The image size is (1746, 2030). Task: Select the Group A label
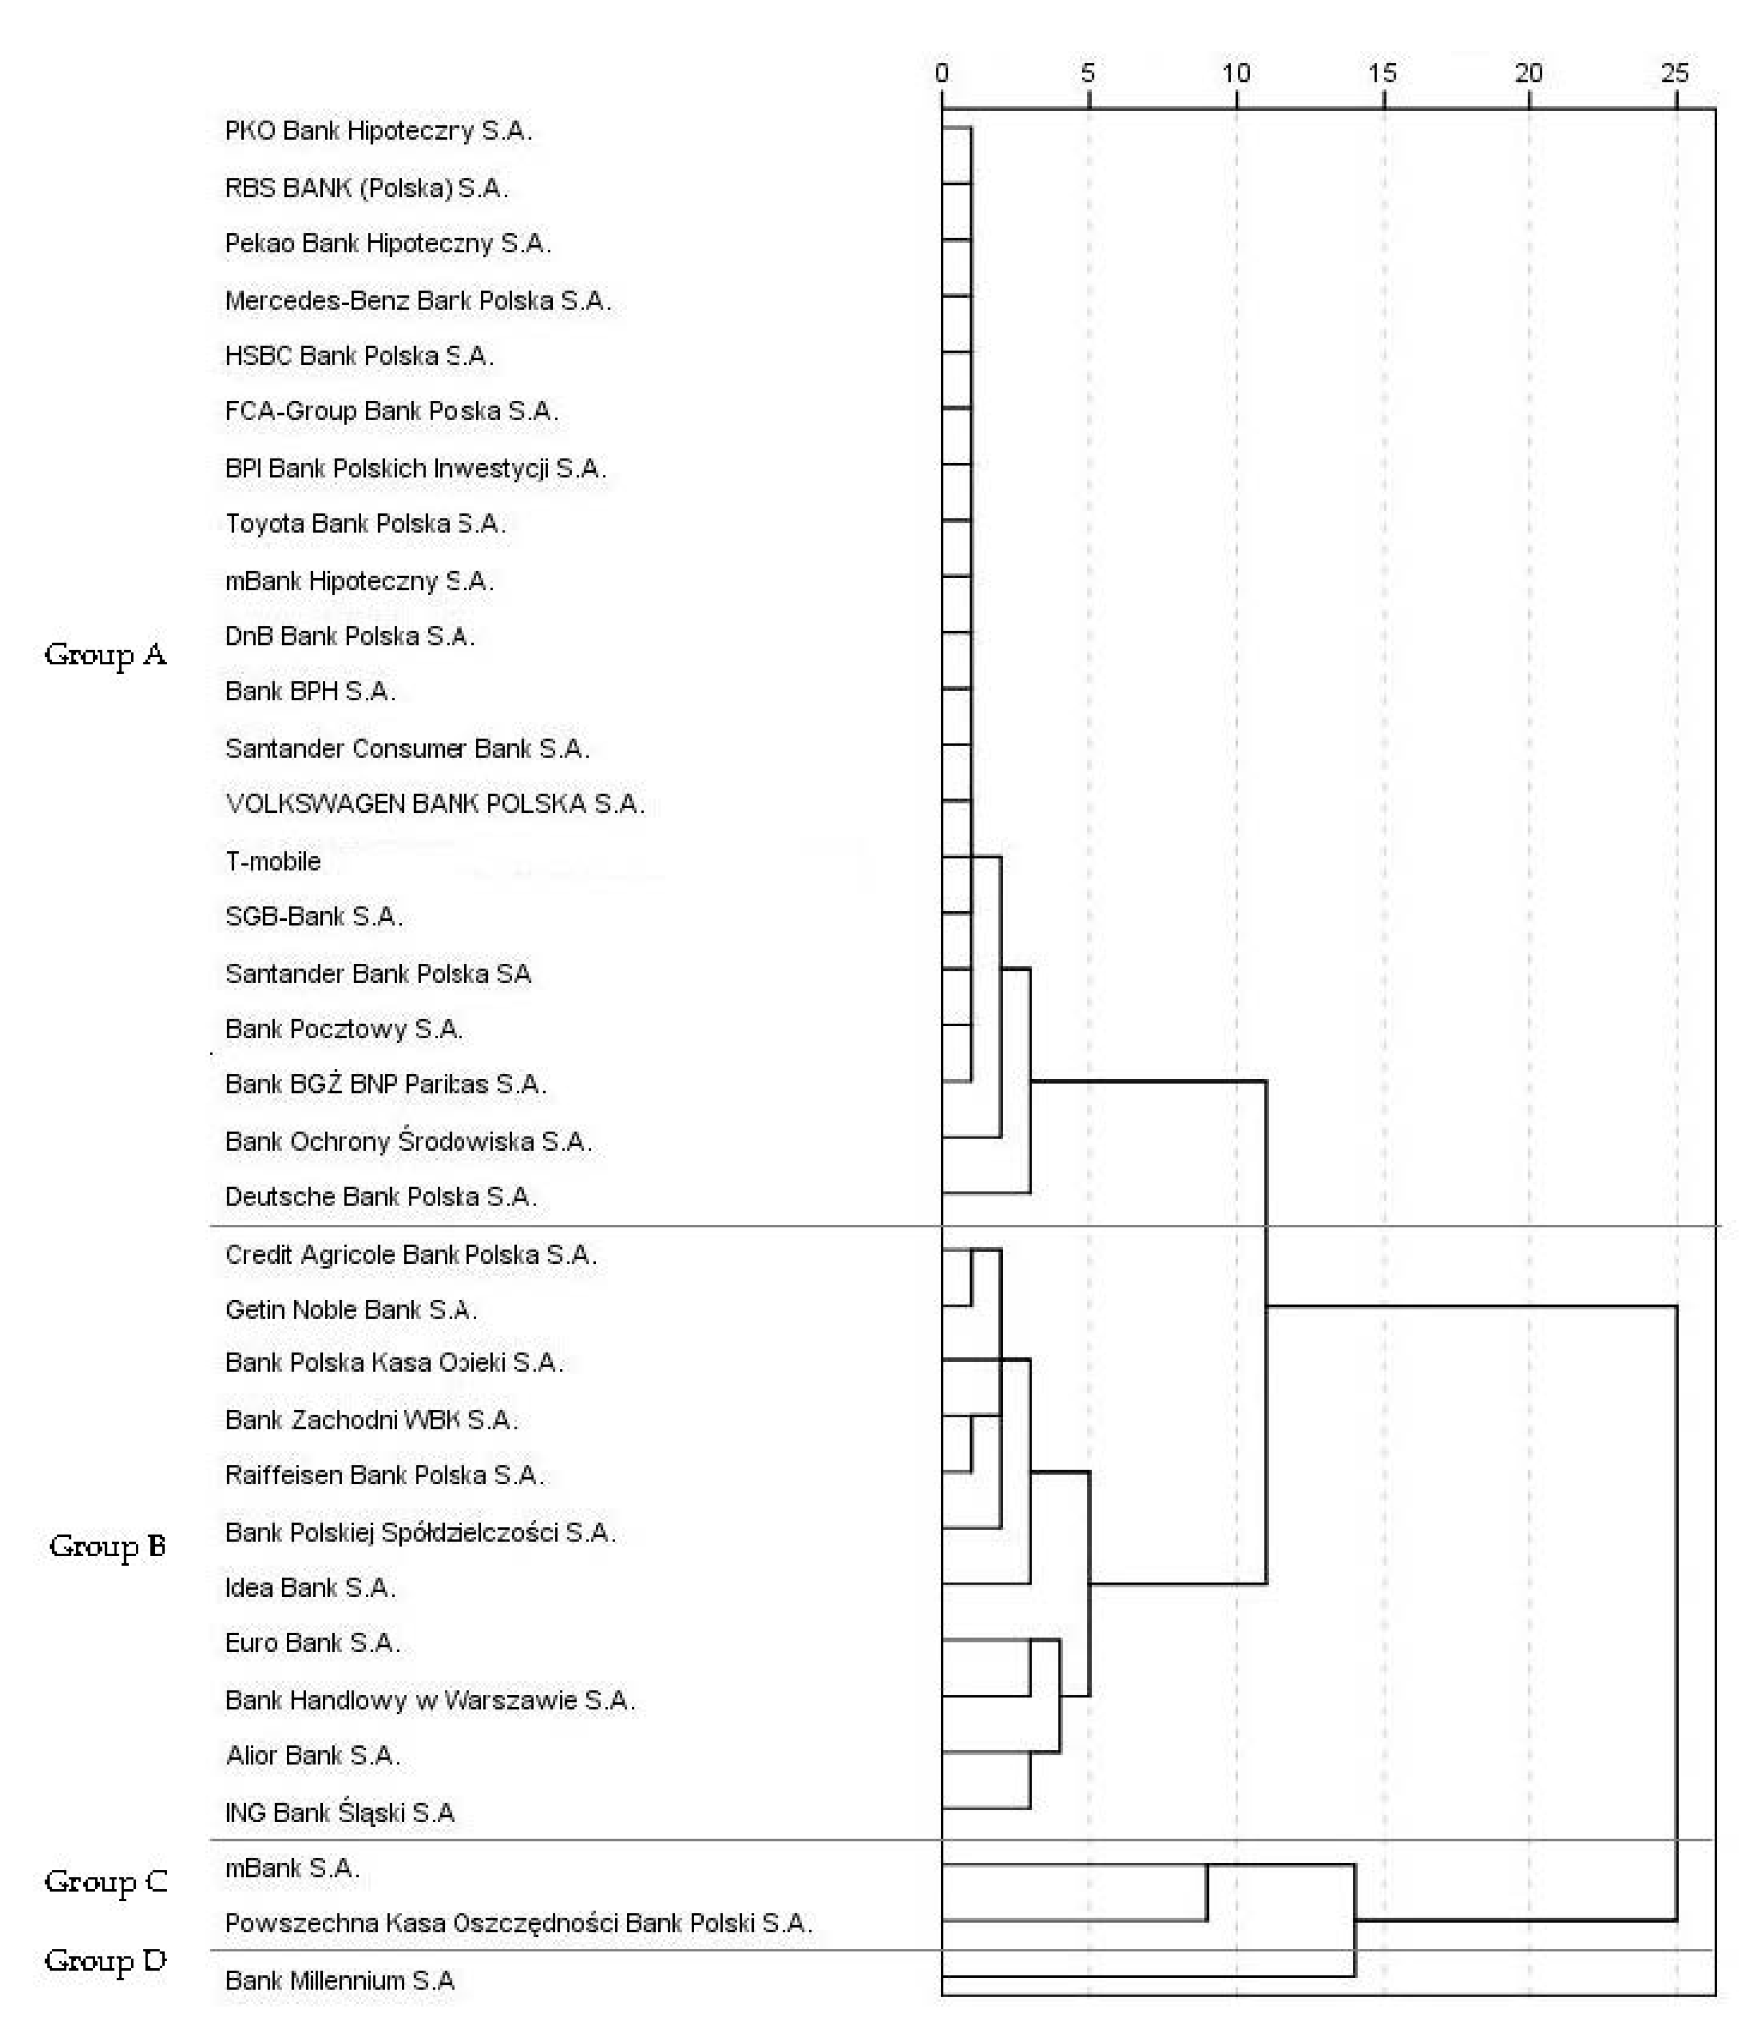pos(105,655)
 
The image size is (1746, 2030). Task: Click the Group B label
pos(107,1546)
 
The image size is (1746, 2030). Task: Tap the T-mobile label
pos(273,861)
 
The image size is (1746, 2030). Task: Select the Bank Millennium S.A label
pos(339,1980)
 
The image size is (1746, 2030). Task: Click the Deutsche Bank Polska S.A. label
pos(380,1196)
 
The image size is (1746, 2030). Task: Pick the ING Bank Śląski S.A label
pos(339,1813)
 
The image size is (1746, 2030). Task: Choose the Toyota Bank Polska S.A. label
pos(364,524)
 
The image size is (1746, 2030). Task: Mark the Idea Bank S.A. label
pos(310,1587)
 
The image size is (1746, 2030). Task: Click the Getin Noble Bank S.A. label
pos(351,1310)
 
